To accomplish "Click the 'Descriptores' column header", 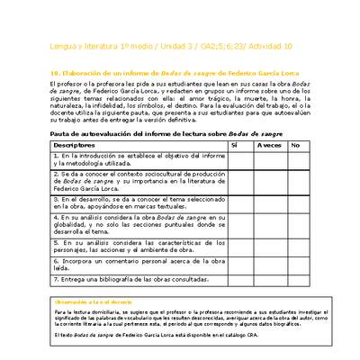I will point(73,144).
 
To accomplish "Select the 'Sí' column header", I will point(234,144).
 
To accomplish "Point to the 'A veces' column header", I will point(268,144).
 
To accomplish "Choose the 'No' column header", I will point(295,144).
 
